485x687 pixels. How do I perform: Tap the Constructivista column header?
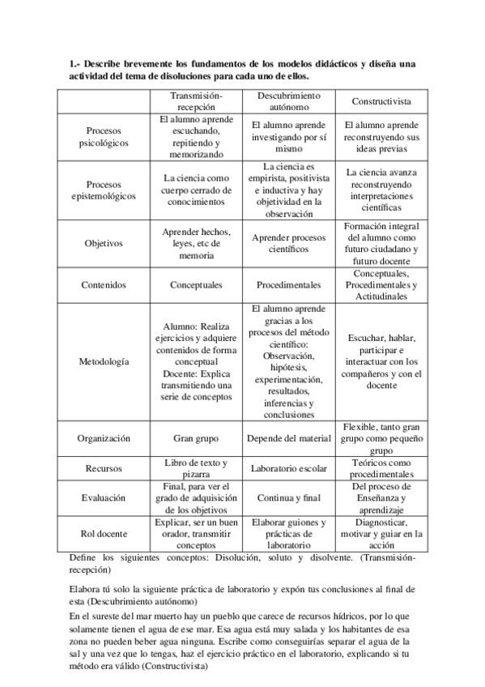[381, 101]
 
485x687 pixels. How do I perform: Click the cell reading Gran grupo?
[198, 438]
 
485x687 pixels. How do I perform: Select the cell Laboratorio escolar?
[289, 468]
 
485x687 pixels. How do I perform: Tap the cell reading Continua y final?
[289, 498]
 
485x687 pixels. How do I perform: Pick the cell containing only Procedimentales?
[289, 285]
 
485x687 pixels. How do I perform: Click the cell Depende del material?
[289, 438]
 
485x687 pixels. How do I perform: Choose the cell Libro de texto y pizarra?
[198, 468]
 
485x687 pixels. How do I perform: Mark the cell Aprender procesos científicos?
[289, 243]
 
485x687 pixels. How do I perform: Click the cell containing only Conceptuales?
[198, 285]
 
